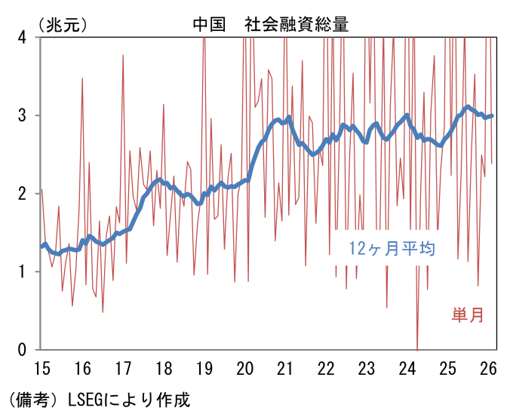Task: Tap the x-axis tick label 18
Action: point(164,369)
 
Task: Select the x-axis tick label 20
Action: point(244,369)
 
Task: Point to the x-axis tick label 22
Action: point(326,369)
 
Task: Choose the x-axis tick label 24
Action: point(407,369)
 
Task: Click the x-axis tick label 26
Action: point(487,369)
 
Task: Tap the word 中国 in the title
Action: point(209,23)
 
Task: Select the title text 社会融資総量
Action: point(296,23)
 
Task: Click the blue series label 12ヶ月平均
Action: point(392,248)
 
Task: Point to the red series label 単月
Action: point(468,315)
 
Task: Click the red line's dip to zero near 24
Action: point(417,348)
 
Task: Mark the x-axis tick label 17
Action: point(123,369)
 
